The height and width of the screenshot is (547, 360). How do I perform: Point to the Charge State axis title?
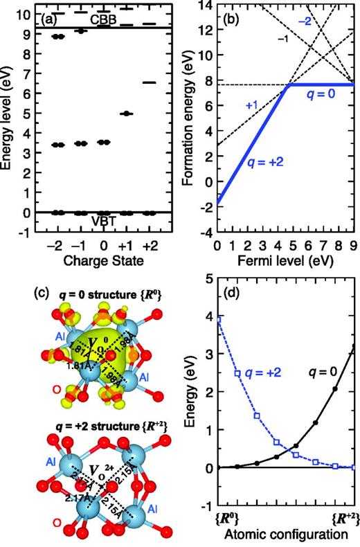pyautogui.click(x=103, y=263)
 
